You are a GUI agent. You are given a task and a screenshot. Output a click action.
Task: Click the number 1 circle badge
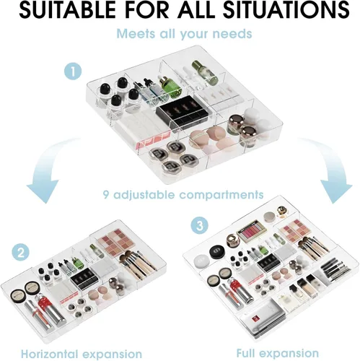pos(73,71)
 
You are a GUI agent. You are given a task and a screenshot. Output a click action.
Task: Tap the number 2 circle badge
pos(21,253)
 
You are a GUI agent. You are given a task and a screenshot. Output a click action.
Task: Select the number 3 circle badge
pos(200,225)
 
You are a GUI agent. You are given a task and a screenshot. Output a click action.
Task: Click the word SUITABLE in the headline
pos(65,10)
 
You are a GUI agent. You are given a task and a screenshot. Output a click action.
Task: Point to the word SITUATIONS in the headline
pos(286,10)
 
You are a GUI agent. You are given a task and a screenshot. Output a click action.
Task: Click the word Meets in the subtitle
pos(136,33)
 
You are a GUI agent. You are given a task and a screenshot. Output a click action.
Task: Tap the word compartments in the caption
pos(221,195)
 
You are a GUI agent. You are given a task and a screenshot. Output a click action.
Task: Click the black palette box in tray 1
pos(175,109)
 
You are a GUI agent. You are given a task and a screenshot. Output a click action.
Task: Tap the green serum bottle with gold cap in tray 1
pos(169,87)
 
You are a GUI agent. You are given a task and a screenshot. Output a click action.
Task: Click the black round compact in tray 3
pos(216,252)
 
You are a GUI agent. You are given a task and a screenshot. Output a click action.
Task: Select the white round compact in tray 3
pos(202,261)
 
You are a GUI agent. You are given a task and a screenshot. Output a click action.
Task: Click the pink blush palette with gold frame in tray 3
pos(251,231)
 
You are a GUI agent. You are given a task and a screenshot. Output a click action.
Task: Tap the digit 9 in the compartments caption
pos(106,194)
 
